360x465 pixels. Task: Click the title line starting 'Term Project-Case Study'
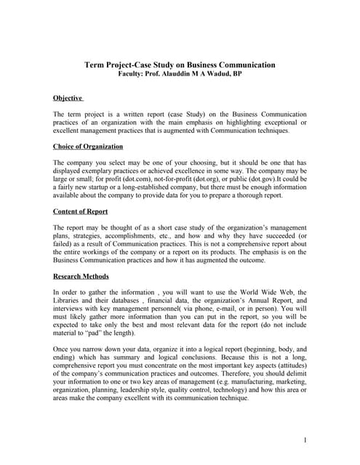tap(180, 65)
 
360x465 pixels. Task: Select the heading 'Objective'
tap(68, 97)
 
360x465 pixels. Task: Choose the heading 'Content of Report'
tap(81, 211)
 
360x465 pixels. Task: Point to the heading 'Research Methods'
tap(81, 276)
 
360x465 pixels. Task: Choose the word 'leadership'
tap(136, 389)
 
